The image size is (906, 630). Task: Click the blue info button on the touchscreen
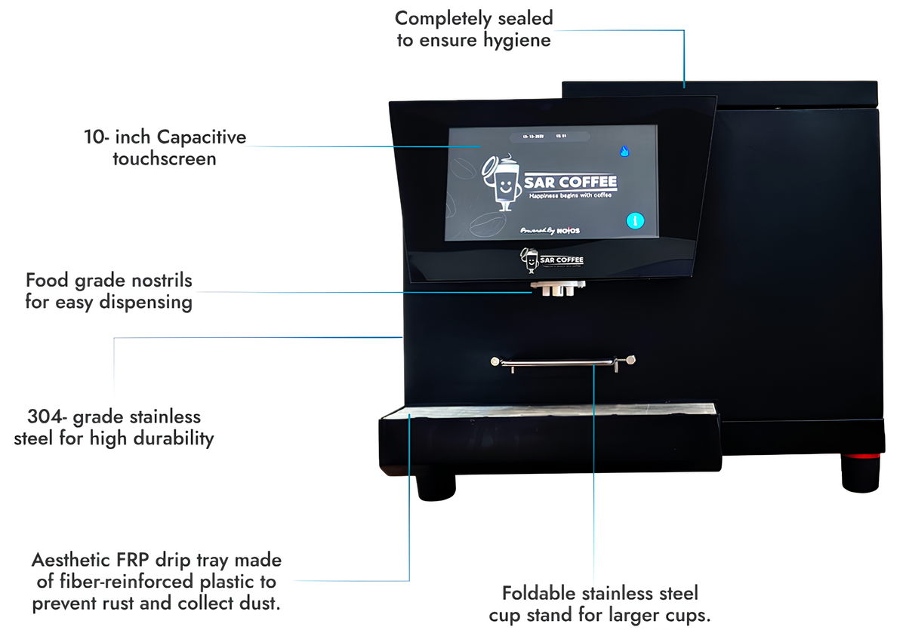636,221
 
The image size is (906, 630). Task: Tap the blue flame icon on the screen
624,151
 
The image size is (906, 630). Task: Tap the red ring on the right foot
861,456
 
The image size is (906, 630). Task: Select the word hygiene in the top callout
518,39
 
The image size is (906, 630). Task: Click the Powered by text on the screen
538,229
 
